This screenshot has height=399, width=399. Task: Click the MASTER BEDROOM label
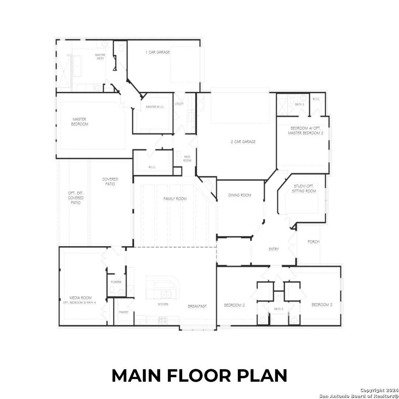coord(80,122)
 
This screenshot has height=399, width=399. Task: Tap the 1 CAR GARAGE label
coord(158,52)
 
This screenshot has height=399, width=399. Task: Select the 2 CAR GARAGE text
coord(243,141)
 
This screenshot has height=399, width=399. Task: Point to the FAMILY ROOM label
coord(175,199)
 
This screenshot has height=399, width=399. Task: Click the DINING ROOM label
coord(239,195)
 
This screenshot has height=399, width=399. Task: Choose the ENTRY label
coord(273,249)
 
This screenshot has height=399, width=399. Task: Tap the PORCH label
coord(313,242)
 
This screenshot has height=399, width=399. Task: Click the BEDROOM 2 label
coord(234,305)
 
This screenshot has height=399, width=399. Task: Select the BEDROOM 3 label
coord(322,305)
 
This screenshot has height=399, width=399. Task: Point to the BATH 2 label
coord(279,309)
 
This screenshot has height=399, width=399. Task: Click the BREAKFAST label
coord(197,306)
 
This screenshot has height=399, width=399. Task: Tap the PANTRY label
coord(124,312)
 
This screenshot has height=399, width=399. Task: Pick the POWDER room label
coord(116,282)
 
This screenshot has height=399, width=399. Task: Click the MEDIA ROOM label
coord(80,298)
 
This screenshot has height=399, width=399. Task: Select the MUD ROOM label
coord(187,158)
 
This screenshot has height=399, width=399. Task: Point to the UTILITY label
coord(179,104)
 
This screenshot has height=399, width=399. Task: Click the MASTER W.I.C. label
coord(155,107)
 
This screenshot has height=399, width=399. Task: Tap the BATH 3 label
coord(299,105)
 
